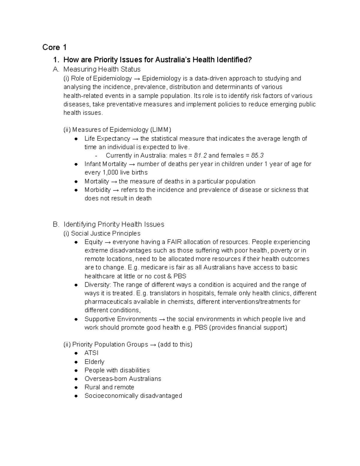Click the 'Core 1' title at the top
(x=54, y=47)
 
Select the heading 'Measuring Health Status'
(x=102, y=69)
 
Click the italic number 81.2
(x=200, y=155)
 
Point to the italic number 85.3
(x=257, y=155)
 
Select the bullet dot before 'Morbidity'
(x=76, y=190)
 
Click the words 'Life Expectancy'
(x=107, y=139)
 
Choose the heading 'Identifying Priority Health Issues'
(x=114, y=224)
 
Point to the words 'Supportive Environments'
(x=121, y=319)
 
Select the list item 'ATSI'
(x=91, y=353)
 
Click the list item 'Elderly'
(x=94, y=362)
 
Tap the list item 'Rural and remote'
(x=109, y=387)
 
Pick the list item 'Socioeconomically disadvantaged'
(x=133, y=396)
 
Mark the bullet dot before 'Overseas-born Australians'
(x=76, y=379)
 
